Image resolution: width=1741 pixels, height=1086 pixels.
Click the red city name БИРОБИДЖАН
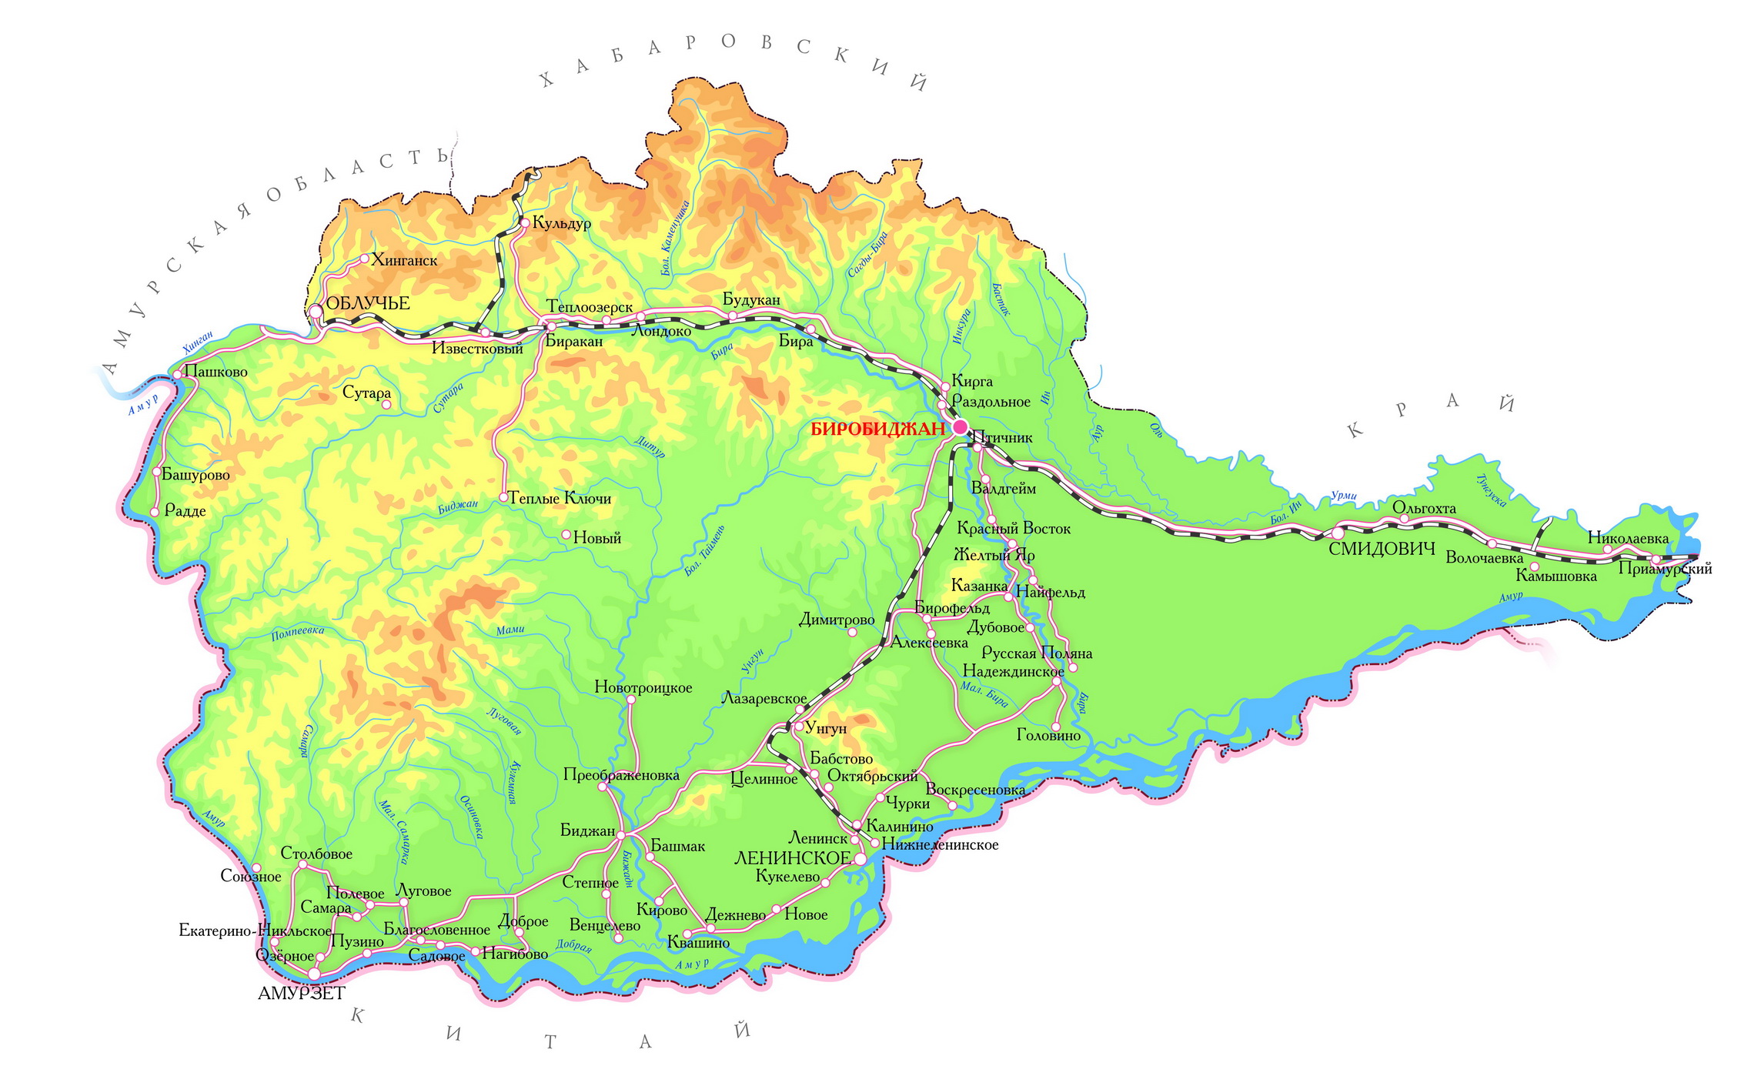pos(877,429)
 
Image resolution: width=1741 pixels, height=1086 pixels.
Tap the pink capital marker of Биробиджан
pos(960,426)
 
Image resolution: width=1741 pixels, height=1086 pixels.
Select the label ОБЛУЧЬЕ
pos(367,303)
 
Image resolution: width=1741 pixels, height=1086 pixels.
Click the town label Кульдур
pos(562,223)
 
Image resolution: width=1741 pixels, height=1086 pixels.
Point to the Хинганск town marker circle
pos(365,258)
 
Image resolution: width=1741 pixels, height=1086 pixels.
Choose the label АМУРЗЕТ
pos(301,994)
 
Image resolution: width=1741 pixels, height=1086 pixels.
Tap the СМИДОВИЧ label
pos(1382,549)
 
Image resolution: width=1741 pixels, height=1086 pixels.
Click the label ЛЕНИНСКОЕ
pos(792,858)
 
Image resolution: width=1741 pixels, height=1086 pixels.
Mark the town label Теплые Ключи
pos(560,499)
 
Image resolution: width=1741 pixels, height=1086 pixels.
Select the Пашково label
pos(216,373)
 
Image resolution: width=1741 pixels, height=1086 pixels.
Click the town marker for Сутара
pos(386,404)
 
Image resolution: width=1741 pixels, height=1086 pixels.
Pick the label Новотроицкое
pos(643,687)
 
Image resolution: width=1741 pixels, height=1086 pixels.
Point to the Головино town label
pos(1048,736)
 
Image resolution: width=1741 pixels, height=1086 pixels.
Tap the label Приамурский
pos(1665,569)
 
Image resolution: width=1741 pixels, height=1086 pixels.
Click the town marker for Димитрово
pos(852,632)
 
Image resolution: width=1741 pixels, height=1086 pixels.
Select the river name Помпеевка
pos(298,633)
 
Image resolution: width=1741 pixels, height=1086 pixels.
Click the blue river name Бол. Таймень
pos(704,550)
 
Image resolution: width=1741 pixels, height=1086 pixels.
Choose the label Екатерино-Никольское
pos(255,931)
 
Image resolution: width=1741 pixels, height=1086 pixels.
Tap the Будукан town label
pos(751,299)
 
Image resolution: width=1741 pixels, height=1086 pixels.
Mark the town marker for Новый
pos(566,534)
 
